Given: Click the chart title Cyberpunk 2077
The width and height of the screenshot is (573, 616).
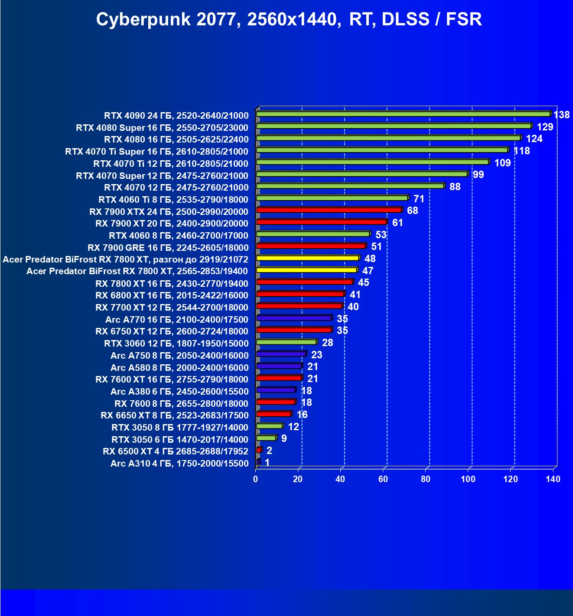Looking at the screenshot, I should click(x=289, y=19).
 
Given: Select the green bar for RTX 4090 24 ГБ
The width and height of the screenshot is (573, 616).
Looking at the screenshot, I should click(x=403, y=114).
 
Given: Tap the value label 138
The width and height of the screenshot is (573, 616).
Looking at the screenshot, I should click(x=562, y=115).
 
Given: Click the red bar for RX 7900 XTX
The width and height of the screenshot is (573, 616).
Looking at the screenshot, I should click(x=329, y=210).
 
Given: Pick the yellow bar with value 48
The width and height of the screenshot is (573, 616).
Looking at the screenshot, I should click(x=308, y=258).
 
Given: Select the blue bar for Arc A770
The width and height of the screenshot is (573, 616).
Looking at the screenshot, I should click(x=294, y=318).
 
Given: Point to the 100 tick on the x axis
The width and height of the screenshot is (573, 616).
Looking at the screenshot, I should click(x=468, y=479).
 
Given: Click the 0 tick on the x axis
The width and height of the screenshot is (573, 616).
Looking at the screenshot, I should click(x=256, y=479).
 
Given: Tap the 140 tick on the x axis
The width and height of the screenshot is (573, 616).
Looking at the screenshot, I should click(x=553, y=479).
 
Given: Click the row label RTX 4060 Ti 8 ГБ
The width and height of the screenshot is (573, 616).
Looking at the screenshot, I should click(x=173, y=200).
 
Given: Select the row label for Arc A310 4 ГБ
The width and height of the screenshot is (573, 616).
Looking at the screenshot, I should click(x=179, y=464).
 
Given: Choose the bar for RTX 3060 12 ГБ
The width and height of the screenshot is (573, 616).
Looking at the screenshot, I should click(x=286, y=342).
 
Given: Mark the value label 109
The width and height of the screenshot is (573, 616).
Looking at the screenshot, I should click(x=502, y=163).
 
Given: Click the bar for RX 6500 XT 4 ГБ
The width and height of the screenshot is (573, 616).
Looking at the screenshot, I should click(x=259, y=450).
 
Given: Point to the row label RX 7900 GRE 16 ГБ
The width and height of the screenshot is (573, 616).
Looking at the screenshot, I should click(x=168, y=248).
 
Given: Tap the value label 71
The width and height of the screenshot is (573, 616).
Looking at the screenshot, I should click(x=419, y=199).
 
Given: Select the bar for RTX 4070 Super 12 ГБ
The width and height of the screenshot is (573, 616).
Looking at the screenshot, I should click(x=362, y=174).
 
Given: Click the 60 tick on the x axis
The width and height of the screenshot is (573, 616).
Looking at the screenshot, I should click(x=383, y=479).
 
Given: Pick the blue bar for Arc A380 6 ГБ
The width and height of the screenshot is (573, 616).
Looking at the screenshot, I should click(x=276, y=390).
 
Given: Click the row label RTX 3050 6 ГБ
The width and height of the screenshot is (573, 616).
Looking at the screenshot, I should click(x=180, y=440).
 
